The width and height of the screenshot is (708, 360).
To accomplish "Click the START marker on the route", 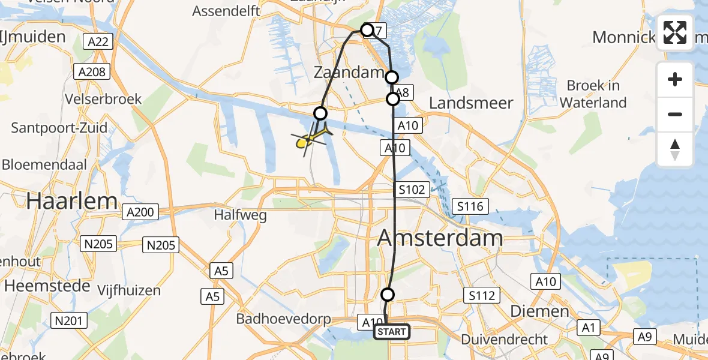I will (x=392, y=332).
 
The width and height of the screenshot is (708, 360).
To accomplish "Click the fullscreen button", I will (x=675, y=32).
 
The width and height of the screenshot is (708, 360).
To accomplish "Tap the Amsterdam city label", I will (x=440, y=238).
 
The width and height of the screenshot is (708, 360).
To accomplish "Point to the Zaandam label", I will (x=349, y=73).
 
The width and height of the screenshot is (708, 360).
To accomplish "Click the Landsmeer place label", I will (x=471, y=103).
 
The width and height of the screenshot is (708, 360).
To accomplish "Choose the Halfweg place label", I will (x=240, y=215).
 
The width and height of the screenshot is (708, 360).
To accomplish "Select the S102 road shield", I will (x=413, y=190).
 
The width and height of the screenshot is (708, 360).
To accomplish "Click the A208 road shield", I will (x=92, y=72).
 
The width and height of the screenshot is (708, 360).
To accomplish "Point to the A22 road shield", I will (x=97, y=41).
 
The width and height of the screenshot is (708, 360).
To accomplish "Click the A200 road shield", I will (x=141, y=212).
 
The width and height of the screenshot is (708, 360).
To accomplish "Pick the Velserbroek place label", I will (x=105, y=98).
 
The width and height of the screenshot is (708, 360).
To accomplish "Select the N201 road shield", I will (x=68, y=321).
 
